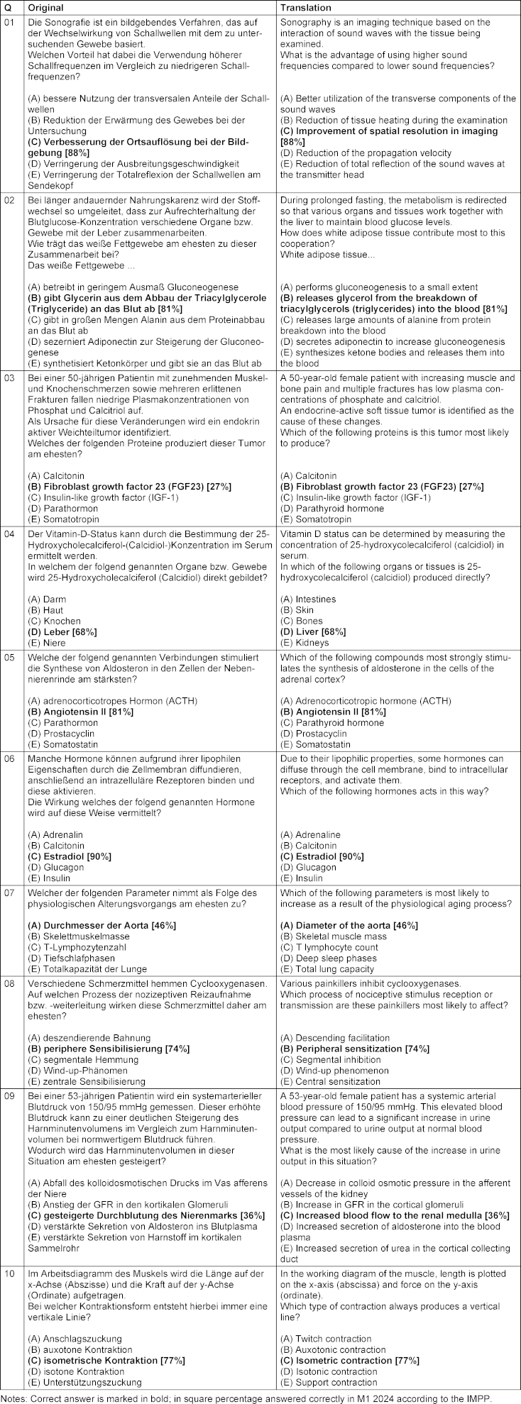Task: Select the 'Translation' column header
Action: [306, 7]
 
